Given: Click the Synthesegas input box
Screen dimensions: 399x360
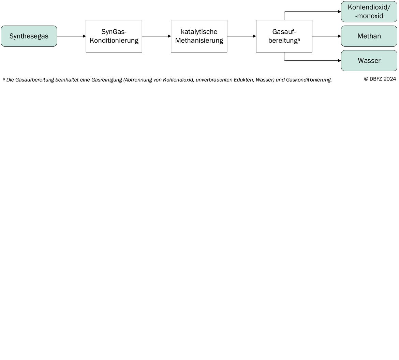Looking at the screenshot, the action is pos(29,36).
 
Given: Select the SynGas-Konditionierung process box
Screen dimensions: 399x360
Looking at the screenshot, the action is pos(114,36).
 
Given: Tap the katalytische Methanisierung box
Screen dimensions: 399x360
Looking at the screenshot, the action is pos(199,36).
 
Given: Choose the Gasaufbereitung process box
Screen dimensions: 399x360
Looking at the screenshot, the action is pos(284,36).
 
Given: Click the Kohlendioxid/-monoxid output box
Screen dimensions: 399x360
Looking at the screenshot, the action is pos(369,12).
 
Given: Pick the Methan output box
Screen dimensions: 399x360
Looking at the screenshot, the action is pos(369,36).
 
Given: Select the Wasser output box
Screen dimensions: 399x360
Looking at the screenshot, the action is pos(369,61).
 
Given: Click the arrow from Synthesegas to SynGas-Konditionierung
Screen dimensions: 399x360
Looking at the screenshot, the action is pos(72,36).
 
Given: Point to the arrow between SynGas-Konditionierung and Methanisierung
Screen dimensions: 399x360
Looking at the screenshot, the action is pos(157,36).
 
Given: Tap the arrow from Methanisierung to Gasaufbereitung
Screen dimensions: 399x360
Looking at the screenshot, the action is pos(241,36).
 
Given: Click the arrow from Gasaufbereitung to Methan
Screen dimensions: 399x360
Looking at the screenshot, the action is pos(326,36).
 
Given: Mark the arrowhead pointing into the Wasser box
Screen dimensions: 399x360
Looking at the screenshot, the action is pos(339,61).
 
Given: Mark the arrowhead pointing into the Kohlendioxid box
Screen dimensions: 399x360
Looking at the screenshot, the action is pos(339,12).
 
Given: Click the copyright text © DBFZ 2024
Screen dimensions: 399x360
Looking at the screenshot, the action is pos(380,79).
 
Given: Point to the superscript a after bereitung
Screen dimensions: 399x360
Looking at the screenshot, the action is pos(299,40).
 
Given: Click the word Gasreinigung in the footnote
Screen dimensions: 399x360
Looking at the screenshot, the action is pos(107,80).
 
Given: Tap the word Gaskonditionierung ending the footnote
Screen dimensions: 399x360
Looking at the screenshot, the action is pos(309,80).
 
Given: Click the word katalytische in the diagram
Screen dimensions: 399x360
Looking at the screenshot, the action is pos(199,32).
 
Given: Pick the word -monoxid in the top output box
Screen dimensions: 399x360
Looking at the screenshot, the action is pos(369,16).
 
